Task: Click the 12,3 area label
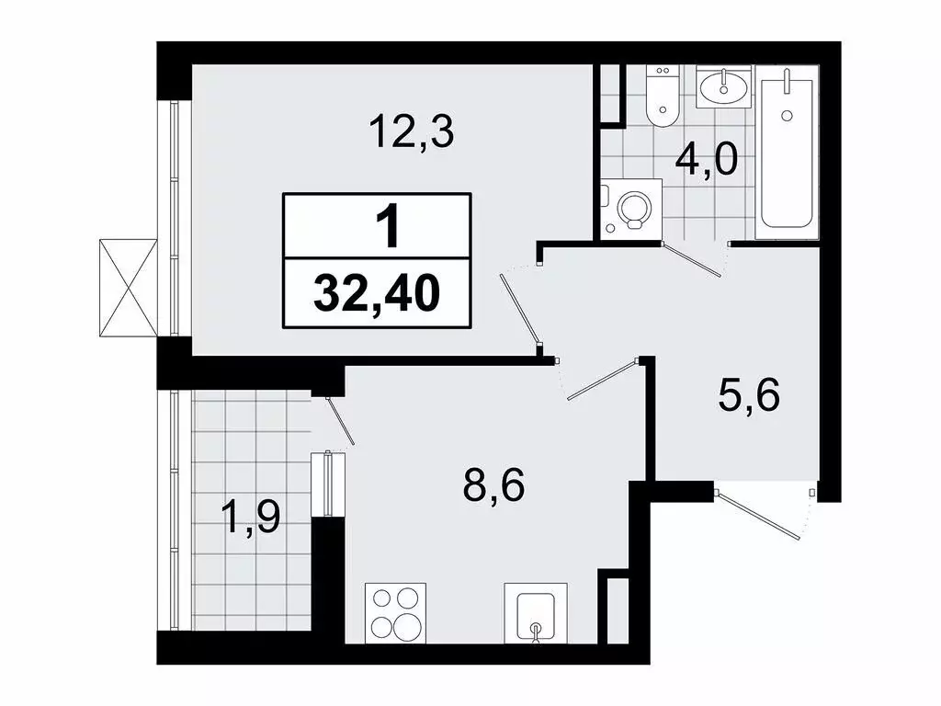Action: point(413,132)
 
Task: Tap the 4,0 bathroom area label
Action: point(707,161)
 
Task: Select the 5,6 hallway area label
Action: point(749,396)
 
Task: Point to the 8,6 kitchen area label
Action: point(493,485)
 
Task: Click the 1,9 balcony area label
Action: point(251,518)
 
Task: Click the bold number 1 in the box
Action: point(390,226)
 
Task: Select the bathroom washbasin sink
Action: point(724,86)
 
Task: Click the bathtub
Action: point(787,153)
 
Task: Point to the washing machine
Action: point(632,210)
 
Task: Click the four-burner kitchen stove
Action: point(395,613)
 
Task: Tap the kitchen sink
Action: point(536,613)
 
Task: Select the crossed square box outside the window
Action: point(129,288)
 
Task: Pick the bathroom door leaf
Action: point(691,259)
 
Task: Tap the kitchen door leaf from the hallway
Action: point(602,380)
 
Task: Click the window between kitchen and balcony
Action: point(328,484)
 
